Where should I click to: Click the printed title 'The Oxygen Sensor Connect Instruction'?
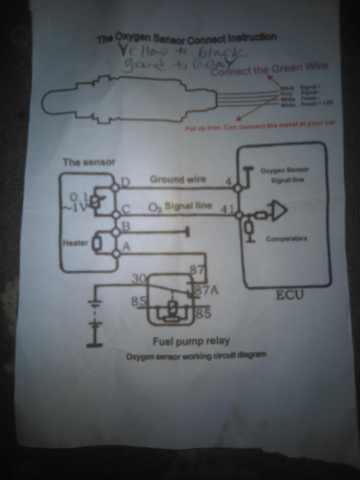(x=187, y=39)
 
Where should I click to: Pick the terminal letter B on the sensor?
(x=126, y=226)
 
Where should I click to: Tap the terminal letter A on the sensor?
(x=126, y=247)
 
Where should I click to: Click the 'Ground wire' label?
(x=178, y=179)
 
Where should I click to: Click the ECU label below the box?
(x=290, y=295)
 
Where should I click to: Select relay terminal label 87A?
(x=207, y=291)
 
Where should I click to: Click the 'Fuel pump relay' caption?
(x=191, y=341)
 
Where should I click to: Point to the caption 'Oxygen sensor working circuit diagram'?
(x=196, y=356)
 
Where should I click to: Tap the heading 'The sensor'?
(x=89, y=162)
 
